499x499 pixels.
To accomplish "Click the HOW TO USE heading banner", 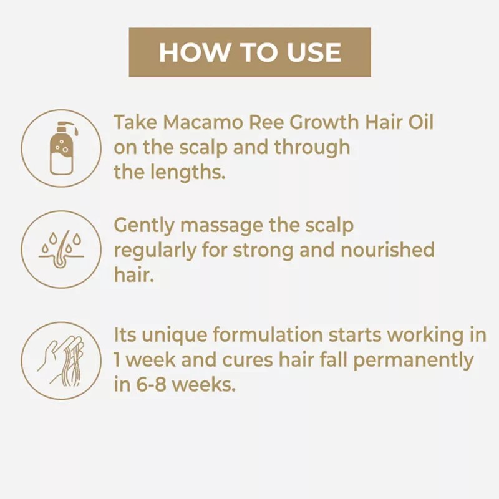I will click(249, 52).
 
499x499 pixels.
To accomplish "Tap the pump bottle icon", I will click(61, 148).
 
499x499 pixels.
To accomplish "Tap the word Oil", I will click(419, 122).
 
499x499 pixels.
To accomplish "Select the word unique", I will click(177, 335).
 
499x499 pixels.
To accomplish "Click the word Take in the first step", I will click(133, 122).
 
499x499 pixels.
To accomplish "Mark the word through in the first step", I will click(311, 147).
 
